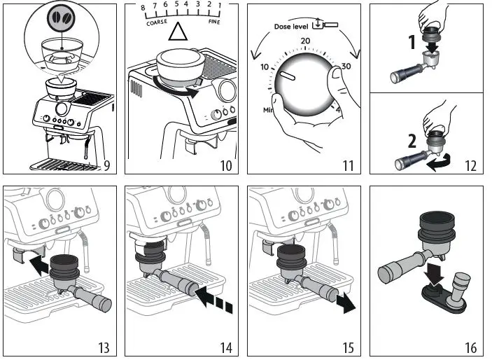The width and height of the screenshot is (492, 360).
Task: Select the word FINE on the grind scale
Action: coord(214,22)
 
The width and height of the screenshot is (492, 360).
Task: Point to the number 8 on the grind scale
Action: coord(143,8)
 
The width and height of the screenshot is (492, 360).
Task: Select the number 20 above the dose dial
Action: coord(305,41)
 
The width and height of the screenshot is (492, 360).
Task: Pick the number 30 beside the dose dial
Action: coord(346,67)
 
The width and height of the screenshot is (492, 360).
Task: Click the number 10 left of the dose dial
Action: coord(265,67)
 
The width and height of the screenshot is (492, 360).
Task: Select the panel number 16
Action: coord(470,348)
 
